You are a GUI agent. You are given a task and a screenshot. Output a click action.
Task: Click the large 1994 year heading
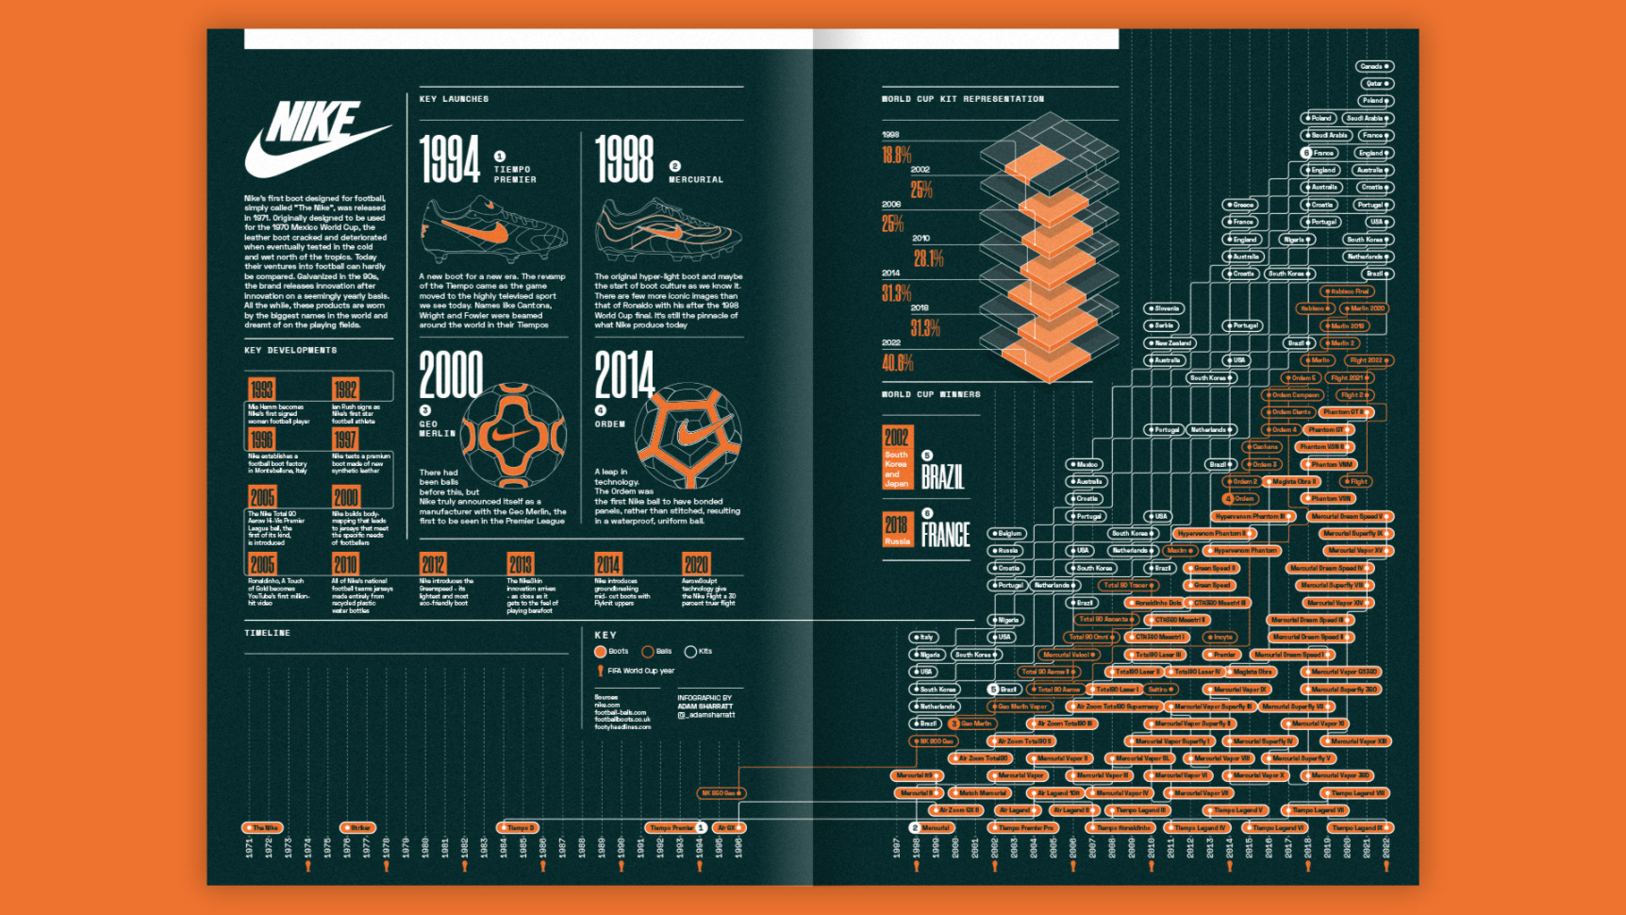[x=450, y=159]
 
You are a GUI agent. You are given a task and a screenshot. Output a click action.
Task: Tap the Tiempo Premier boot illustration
[x=493, y=230]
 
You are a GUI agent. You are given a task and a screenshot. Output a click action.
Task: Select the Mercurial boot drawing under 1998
[x=668, y=230]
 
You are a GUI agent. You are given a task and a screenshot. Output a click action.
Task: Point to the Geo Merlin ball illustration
[x=513, y=435]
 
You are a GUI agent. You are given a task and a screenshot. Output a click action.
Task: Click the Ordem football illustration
[x=688, y=435]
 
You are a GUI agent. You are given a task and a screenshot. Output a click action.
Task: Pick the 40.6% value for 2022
[x=897, y=363]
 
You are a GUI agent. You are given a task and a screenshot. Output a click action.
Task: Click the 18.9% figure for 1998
[x=896, y=156]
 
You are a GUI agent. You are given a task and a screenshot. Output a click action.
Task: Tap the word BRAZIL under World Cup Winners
[x=942, y=477]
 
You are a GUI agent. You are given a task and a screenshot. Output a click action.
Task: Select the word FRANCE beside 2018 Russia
[x=945, y=536]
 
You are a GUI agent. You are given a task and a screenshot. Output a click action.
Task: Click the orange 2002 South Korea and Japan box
[x=896, y=457]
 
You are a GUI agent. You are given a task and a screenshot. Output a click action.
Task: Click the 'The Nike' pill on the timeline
[x=262, y=827]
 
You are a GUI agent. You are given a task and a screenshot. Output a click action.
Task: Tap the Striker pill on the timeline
[x=358, y=827]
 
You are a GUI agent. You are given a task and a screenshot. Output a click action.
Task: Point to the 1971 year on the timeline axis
[x=249, y=847]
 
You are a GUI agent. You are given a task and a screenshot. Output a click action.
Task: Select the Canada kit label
[x=1374, y=66]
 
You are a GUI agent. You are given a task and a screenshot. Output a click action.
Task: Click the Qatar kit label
[x=1375, y=83]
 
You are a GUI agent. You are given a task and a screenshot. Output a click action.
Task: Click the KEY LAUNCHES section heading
[x=454, y=99]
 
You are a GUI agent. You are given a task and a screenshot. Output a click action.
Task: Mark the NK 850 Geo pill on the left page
[x=722, y=793]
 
